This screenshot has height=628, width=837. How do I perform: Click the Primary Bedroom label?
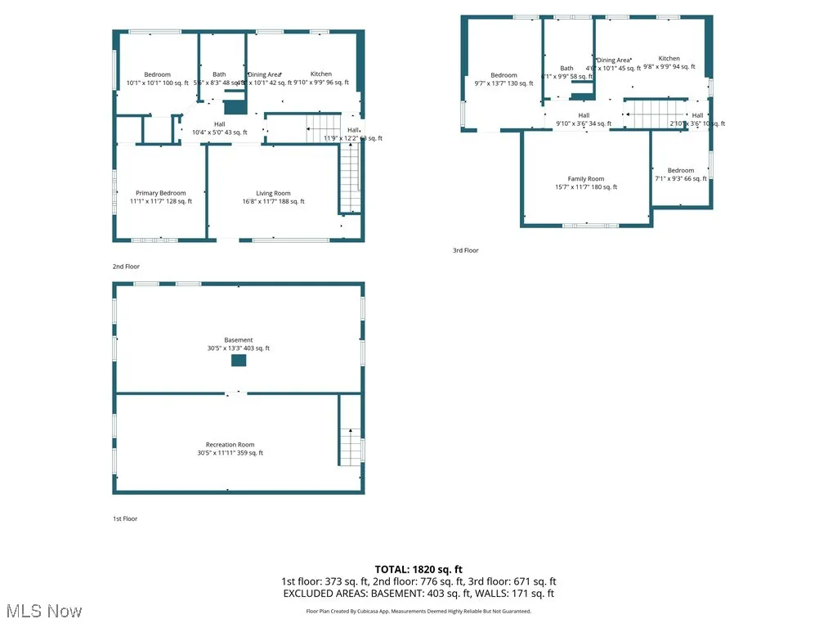(161, 193)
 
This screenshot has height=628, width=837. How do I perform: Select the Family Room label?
(586, 178)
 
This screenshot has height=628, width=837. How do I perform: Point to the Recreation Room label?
(230, 445)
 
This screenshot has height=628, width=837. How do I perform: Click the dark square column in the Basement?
(239, 361)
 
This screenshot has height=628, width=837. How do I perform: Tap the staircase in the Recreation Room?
(351, 446)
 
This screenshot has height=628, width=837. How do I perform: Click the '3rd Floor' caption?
(465, 250)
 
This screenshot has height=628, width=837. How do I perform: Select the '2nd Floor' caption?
(126, 267)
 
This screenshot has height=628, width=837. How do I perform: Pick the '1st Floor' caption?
(125, 518)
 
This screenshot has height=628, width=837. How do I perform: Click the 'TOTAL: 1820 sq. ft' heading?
(418, 569)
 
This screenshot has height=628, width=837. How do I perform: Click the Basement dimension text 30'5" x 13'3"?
(239, 348)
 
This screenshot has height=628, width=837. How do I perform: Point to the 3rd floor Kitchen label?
(669, 59)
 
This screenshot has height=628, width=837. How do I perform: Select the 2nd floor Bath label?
(219, 74)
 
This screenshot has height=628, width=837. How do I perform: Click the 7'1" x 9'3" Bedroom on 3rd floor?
(680, 170)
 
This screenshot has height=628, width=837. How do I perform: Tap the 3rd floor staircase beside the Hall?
(654, 113)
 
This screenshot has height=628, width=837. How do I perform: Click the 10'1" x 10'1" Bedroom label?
(158, 74)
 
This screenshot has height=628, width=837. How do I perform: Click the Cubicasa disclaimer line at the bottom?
(418, 611)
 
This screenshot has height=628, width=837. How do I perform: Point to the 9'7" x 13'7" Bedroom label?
(504, 75)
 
